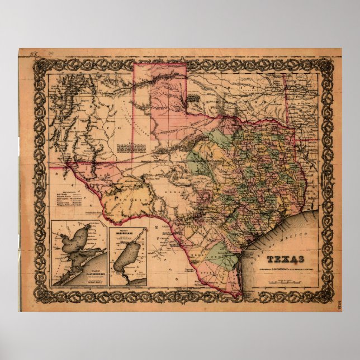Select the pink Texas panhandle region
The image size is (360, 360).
[160, 101]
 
